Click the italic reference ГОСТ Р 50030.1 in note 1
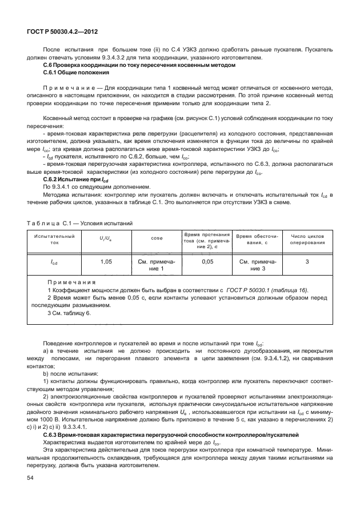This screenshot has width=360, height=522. click(261, 290)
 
